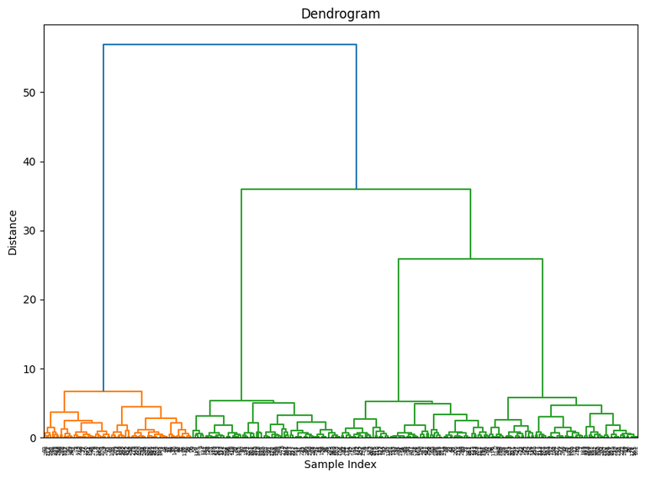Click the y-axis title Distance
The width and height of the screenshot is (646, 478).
[x=13, y=231]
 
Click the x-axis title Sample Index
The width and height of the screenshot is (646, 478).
[x=340, y=464]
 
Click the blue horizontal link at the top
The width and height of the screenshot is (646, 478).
[x=230, y=45]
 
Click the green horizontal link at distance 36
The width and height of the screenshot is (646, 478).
[x=356, y=189]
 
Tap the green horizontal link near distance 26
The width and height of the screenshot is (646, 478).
[x=470, y=259]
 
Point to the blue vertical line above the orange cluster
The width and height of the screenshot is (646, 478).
[x=103, y=219]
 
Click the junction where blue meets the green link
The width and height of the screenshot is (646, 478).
[x=356, y=189]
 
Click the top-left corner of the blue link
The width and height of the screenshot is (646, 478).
[x=103, y=45]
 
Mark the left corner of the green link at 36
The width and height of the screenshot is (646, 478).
[x=241, y=189]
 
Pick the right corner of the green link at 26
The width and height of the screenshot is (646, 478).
[x=543, y=259]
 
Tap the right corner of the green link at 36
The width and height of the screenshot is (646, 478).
[x=470, y=189]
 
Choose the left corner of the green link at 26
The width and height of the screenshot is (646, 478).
[x=399, y=259]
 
